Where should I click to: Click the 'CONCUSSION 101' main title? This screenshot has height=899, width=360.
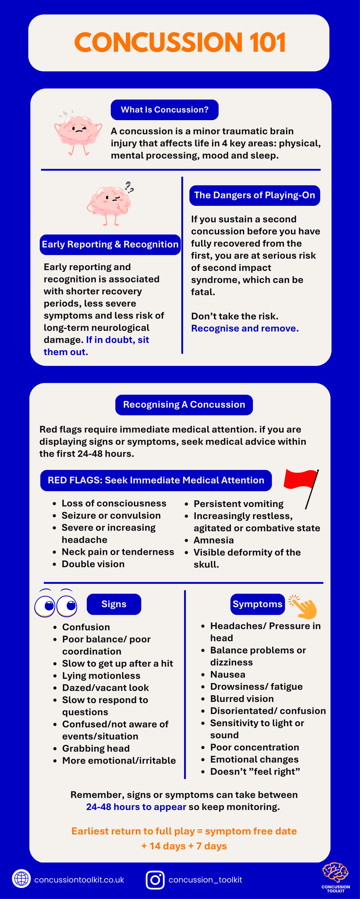click(x=180, y=43)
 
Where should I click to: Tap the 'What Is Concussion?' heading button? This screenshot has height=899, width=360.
click(x=165, y=110)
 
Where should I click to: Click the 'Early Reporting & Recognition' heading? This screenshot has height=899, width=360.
click(x=110, y=244)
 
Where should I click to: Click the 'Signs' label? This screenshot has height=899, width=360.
click(x=114, y=604)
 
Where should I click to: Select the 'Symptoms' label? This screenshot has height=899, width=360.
click(x=257, y=604)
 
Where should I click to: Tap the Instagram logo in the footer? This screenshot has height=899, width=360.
click(x=155, y=879)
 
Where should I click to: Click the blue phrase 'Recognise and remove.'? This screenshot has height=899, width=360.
click(x=245, y=328)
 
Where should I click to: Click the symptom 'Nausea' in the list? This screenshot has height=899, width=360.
click(x=228, y=674)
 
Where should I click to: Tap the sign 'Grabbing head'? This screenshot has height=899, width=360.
click(x=96, y=748)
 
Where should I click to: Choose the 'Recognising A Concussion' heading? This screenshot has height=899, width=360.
click(x=184, y=405)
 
